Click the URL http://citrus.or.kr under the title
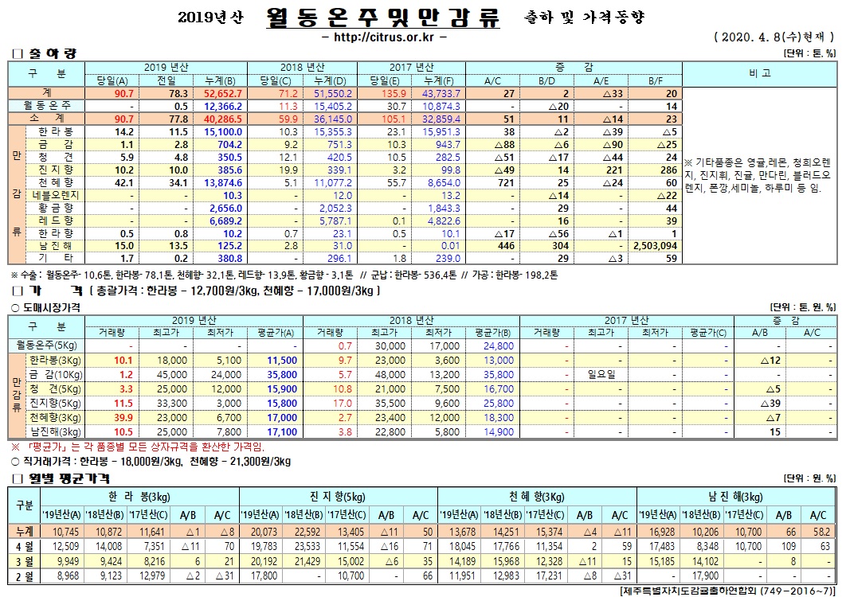pyautogui.click(x=383, y=37)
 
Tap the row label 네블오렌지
pyautogui.click(x=57, y=195)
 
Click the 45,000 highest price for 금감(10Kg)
pyautogui.click(x=169, y=374)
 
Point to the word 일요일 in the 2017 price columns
pyautogui.click(x=602, y=374)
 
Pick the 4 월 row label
pyautogui.click(x=24, y=545)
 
